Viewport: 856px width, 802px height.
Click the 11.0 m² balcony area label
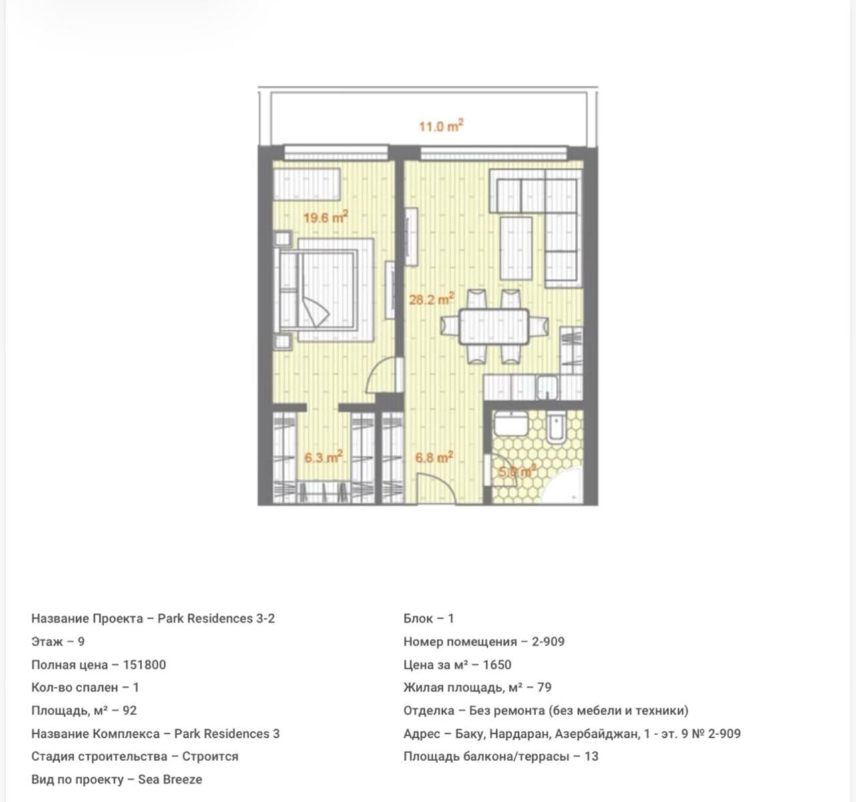(441, 126)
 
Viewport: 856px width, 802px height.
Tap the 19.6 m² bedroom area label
(325, 217)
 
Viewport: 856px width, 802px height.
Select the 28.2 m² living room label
(431, 299)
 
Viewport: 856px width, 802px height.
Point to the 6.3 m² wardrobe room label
(323, 457)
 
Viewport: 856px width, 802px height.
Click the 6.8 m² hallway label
(434, 457)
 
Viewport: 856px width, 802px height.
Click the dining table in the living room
(494, 326)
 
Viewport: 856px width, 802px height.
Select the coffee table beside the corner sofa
(515, 248)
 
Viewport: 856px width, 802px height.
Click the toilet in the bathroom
(556, 428)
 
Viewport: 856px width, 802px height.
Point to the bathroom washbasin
(511, 424)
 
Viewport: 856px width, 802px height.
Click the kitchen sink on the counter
(547, 388)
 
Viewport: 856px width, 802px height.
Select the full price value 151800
(144, 665)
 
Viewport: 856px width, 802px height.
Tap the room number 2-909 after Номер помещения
(548, 642)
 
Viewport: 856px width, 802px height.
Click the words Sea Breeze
(170, 779)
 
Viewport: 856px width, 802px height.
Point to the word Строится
(210, 757)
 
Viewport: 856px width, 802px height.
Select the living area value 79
(544, 687)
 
